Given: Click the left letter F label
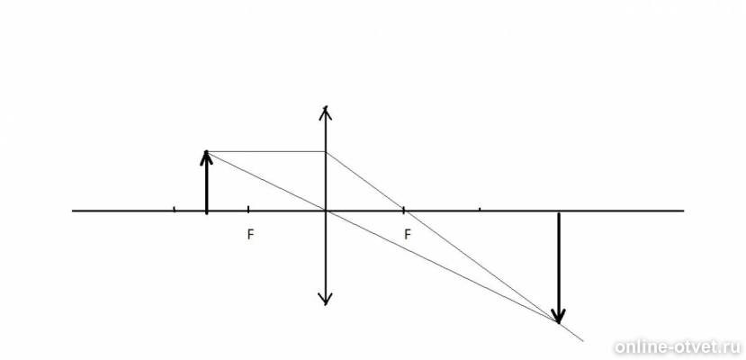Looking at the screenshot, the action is (250, 235).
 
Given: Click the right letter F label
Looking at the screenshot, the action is (408, 234).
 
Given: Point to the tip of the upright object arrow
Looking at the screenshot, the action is (206, 152).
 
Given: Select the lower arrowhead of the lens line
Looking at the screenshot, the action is (326, 299).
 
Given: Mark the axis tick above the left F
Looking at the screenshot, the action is (248, 208).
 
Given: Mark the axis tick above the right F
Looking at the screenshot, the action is (403, 209).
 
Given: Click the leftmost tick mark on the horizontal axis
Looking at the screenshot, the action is (175, 208).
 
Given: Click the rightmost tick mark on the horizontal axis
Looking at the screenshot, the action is (480, 208).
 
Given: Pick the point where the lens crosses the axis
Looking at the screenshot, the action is (326, 211).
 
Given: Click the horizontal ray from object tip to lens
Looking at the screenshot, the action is (266, 152).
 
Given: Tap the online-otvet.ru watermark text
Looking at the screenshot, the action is (678, 346).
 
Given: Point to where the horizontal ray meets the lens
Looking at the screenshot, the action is (326, 152).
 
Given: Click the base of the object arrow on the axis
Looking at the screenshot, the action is (206, 211).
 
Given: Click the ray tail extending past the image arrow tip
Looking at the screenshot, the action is (571, 332).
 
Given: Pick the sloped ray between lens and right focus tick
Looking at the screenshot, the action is (364, 181).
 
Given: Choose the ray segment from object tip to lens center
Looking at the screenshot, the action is (266, 181).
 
